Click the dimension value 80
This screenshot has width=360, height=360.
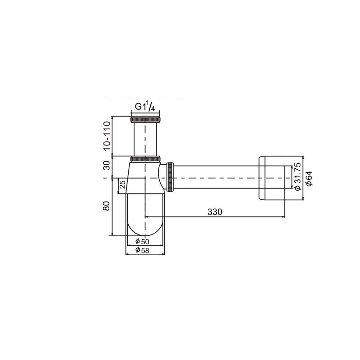click(x=107, y=206)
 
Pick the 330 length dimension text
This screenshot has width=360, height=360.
click(x=215, y=211)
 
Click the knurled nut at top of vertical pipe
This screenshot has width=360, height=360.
click(x=145, y=120)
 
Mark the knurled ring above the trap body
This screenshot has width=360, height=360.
click(x=145, y=159)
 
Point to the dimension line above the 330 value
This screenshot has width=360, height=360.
click(x=215, y=217)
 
